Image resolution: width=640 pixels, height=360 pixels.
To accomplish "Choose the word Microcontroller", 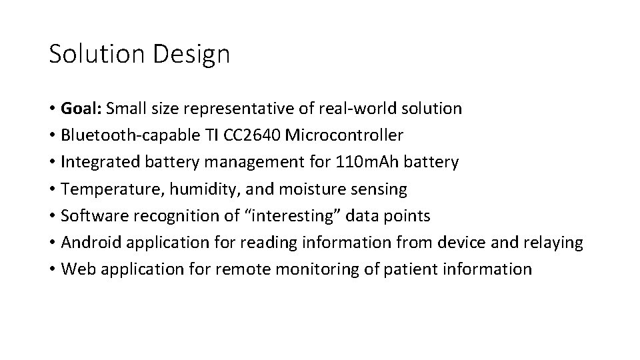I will click(344, 136).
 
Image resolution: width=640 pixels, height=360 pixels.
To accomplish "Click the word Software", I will click(90, 216).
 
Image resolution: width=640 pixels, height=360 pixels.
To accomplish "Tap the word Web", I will click(75, 269).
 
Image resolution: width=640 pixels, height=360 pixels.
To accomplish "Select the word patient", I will click(415, 269).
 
